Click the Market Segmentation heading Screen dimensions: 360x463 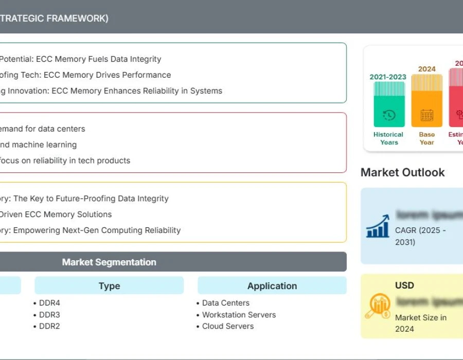(109, 262)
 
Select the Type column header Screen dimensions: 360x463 (109, 286)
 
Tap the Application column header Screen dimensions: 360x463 (272, 286)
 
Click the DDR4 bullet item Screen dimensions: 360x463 (49, 303)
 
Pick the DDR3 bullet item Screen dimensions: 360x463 (49, 315)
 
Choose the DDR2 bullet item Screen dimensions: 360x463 (49, 326)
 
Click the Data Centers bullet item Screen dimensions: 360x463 (225, 303)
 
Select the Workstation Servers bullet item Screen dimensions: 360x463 (239, 315)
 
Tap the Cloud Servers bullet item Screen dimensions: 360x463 (227, 326)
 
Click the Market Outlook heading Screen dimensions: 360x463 (403, 172)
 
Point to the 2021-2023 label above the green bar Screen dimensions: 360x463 (388, 77)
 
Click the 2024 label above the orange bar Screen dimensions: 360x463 (427, 69)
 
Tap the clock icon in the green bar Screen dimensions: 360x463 (389, 115)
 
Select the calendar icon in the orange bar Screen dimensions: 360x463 (427, 115)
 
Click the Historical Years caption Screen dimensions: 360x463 (388, 138)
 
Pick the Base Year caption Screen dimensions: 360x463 (427, 138)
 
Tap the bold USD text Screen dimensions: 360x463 (404, 285)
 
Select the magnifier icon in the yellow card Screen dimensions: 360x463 (378, 306)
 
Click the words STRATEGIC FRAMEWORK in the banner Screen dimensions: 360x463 (54, 18)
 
